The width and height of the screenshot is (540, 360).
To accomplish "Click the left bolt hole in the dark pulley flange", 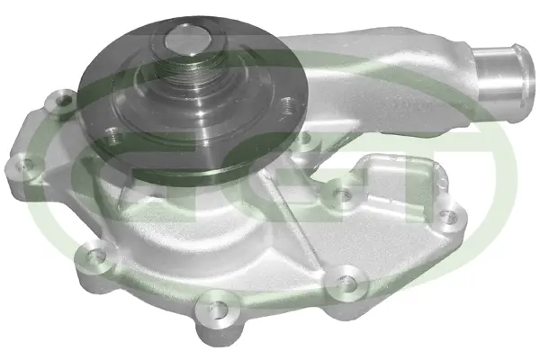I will [x=111, y=136].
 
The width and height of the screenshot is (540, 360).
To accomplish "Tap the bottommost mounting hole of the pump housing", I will [x=214, y=302].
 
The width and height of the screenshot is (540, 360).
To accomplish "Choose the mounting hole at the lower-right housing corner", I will [x=338, y=280].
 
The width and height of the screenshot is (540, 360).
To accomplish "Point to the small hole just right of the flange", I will [x=304, y=138].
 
